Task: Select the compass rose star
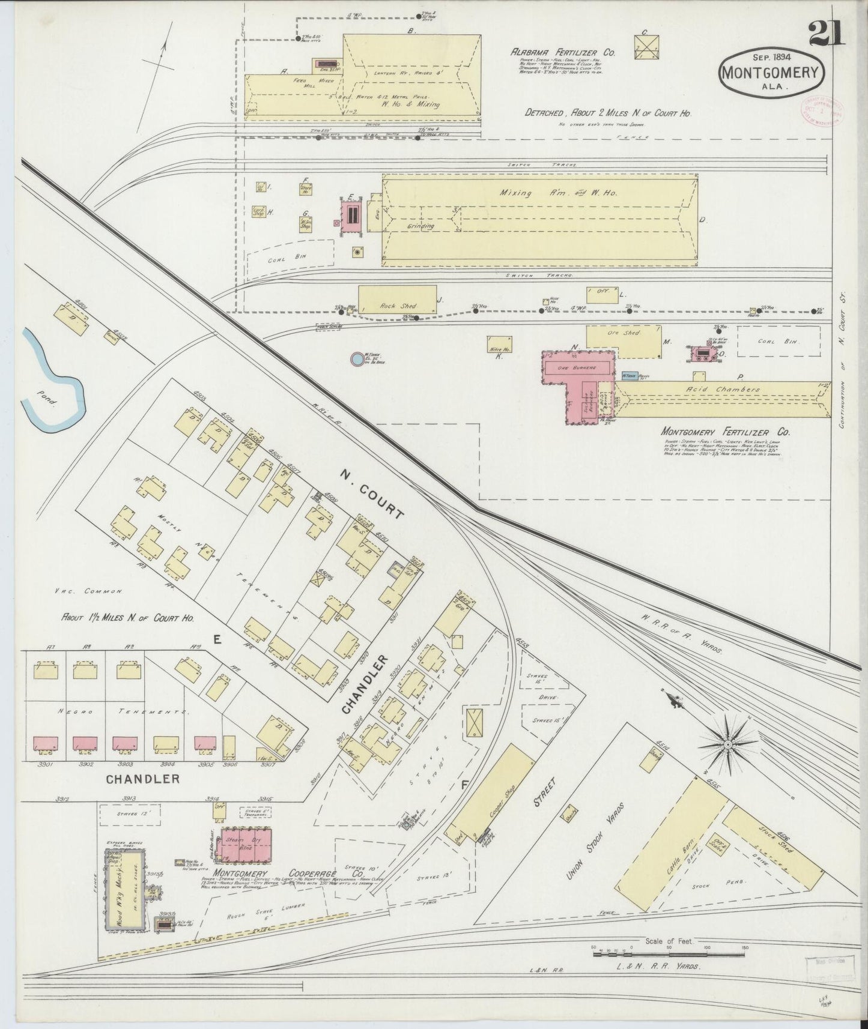click(727, 744)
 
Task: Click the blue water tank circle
click(357, 359)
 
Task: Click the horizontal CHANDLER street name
click(142, 779)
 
